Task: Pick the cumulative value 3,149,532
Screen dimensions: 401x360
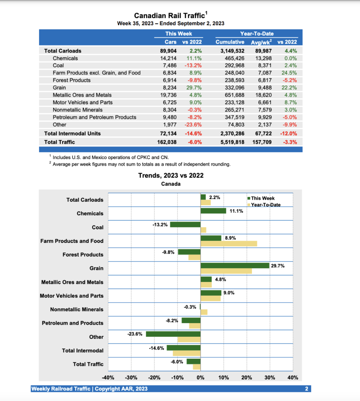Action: (x=230, y=51)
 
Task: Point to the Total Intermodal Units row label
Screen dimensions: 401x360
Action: (x=72, y=134)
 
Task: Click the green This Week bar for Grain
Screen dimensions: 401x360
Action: (x=235, y=266)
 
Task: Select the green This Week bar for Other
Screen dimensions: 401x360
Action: (x=173, y=334)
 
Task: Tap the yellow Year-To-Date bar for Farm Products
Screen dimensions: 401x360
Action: (x=229, y=244)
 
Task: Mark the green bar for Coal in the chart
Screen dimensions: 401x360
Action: (x=185, y=224)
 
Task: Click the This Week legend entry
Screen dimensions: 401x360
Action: (x=263, y=198)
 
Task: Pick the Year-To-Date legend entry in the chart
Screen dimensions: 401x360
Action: (x=265, y=205)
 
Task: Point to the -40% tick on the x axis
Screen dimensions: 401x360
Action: (x=108, y=378)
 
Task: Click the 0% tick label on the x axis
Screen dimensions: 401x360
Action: (x=200, y=378)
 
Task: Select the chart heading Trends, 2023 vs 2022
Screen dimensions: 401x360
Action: (x=171, y=175)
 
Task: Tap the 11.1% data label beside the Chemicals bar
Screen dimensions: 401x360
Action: (x=236, y=211)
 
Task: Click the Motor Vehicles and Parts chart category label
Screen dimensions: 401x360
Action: (x=72, y=296)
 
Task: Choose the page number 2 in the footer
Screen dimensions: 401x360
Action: (x=307, y=389)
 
